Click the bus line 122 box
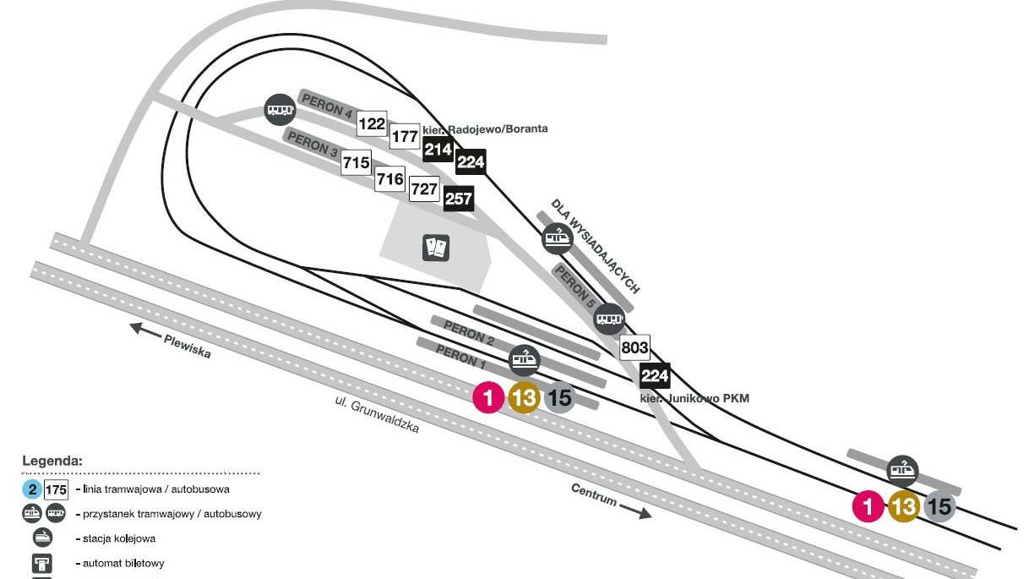click(372, 124)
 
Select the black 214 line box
click(438, 150)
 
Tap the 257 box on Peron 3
click(458, 199)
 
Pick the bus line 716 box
click(389, 178)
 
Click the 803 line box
click(634, 347)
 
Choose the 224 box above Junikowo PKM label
click(655, 374)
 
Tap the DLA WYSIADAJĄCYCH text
click(595, 244)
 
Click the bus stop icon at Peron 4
click(280, 109)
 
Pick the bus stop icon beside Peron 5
click(609, 319)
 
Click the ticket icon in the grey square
click(436, 248)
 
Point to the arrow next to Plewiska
click(144, 330)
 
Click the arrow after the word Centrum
click(635, 511)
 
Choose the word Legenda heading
click(53, 462)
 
